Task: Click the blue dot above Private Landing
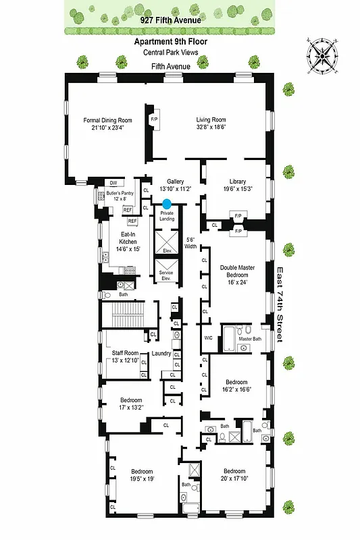166,203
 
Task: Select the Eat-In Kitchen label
120,244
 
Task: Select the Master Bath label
249,338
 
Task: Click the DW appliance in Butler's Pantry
113,183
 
